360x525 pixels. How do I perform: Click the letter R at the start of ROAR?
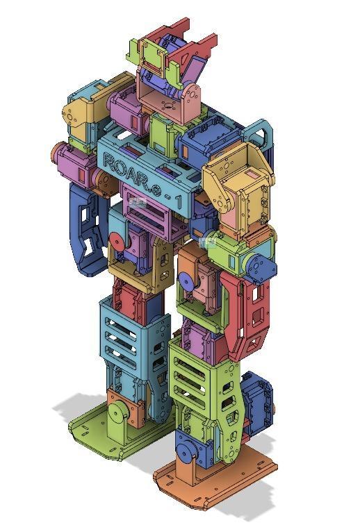110,161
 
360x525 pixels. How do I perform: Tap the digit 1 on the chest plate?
179,202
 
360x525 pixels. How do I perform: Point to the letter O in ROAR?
122,168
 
